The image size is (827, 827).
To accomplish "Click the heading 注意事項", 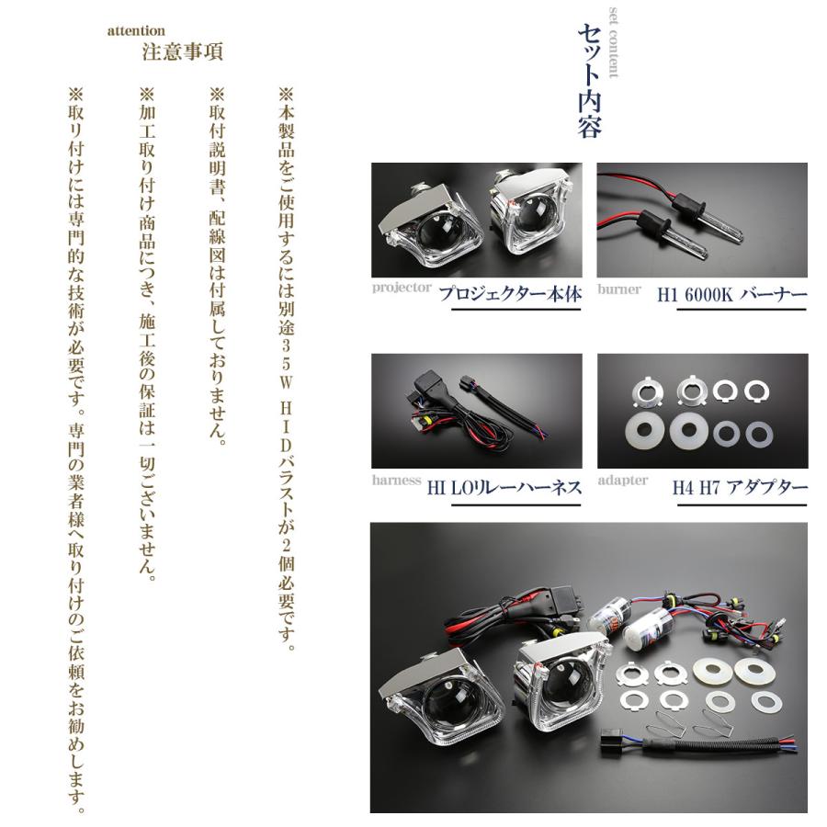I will pos(182,51).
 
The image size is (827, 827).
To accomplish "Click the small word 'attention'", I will pos(136,30).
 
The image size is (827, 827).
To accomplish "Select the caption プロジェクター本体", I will pos(510,296).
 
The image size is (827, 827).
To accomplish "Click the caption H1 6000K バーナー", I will pos(731,296).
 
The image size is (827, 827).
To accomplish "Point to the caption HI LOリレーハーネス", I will pos(504,487).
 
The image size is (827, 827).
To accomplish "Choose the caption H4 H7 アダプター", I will pos(739,487).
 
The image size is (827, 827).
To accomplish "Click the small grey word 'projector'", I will pos(402,288).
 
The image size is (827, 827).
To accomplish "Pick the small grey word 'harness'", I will pos(397,480).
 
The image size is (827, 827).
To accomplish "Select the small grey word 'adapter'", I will pos(622,480).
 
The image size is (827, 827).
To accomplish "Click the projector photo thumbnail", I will pos(477,221).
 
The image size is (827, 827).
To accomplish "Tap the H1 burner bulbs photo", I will pos(702,221).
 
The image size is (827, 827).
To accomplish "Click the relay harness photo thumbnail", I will pos(477,411).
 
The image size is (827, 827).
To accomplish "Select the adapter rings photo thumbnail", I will pos(702,411).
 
